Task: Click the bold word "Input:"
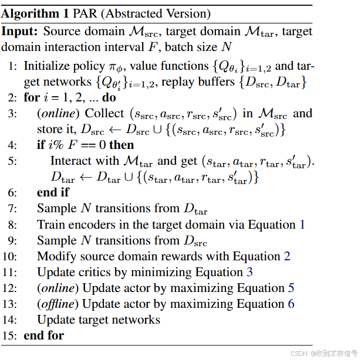pyautogui.click(x=20, y=31)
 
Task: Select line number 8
pyautogui.click(x=13, y=225)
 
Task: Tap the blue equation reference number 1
pyautogui.click(x=302, y=225)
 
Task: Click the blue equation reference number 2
pyautogui.click(x=287, y=256)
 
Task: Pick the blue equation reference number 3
pyautogui.click(x=249, y=272)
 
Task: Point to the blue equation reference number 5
pyautogui.click(x=291, y=288)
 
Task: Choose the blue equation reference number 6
pyautogui.click(x=291, y=304)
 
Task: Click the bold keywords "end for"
pyautogui.click(x=43, y=336)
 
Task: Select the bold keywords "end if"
pyautogui.click(x=53, y=192)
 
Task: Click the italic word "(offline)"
pyautogui.click(x=58, y=304)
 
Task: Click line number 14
pyautogui.click(x=13, y=320)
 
